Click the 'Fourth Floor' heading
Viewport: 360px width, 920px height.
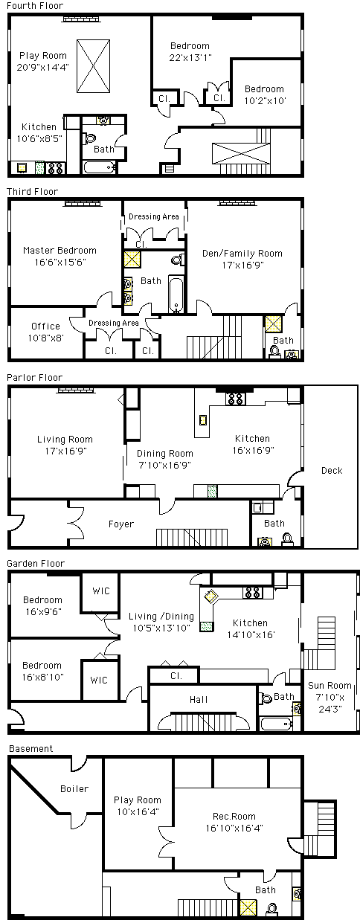pyautogui.click(x=35, y=6)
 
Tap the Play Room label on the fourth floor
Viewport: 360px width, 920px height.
pyautogui.click(x=43, y=56)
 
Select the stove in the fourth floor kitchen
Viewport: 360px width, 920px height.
pyautogui.click(x=56, y=168)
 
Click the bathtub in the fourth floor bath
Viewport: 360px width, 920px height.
pyautogui.click(x=100, y=167)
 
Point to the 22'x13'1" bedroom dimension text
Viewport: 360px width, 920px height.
pyautogui.click(x=190, y=57)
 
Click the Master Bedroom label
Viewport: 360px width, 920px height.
pyautogui.click(x=60, y=250)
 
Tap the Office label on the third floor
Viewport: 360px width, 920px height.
pyautogui.click(x=45, y=326)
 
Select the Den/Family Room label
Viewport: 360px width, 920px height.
pyautogui.click(x=242, y=254)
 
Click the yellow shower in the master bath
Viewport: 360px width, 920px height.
pyautogui.click(x=132, y=260)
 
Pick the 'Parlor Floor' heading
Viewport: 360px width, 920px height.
pyautogui.click(x=34, y=378)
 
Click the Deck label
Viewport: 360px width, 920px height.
pyautogui.click(x=332, y=470)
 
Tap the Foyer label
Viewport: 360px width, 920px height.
pyautogui.click(x=121, y=524)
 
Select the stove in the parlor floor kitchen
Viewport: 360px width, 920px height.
pyautogui.click(x=236, y=399)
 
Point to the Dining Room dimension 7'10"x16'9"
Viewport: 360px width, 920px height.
pyautogui.click(x=165, y=465)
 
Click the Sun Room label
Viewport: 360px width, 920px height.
pyautogui.click(x=330, y=685)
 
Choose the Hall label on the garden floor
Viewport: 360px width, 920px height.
pyautogui.click(x=199, y=699)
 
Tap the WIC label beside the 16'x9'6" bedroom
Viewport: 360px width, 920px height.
pyautogui.click(x=101, y=591)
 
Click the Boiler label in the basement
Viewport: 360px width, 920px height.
pyautogui.click(x=74, y=788)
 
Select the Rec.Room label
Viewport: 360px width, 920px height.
pyautogui.click(x=234, y=816)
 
